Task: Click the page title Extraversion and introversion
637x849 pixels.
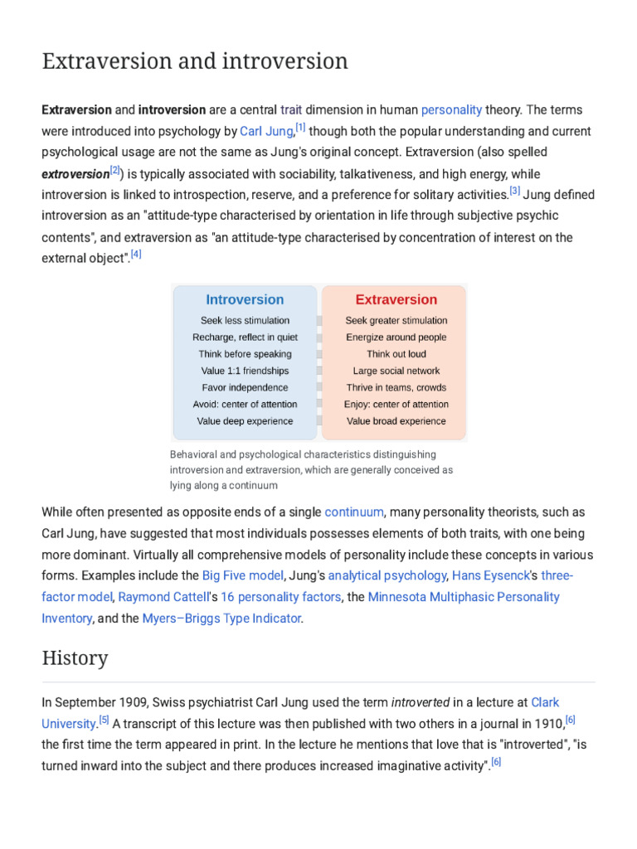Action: (195, 61)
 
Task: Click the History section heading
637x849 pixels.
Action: (75, 658)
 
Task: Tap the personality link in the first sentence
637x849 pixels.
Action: (451, 109)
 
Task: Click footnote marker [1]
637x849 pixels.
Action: (300, 128)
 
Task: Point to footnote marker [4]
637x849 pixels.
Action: (136, 255)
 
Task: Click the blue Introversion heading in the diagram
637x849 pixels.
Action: (245, 299)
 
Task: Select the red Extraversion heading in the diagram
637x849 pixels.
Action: (396, 299)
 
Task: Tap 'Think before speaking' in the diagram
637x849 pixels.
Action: (245, 354)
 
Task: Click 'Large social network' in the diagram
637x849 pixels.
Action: (396, 371)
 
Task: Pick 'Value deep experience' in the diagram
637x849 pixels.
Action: (245, 421)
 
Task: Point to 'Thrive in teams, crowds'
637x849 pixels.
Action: (396, 387)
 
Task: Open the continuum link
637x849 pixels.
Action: (354, 512)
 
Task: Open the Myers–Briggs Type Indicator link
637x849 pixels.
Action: (221, 619)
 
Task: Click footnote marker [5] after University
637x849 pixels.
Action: (104, 719)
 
